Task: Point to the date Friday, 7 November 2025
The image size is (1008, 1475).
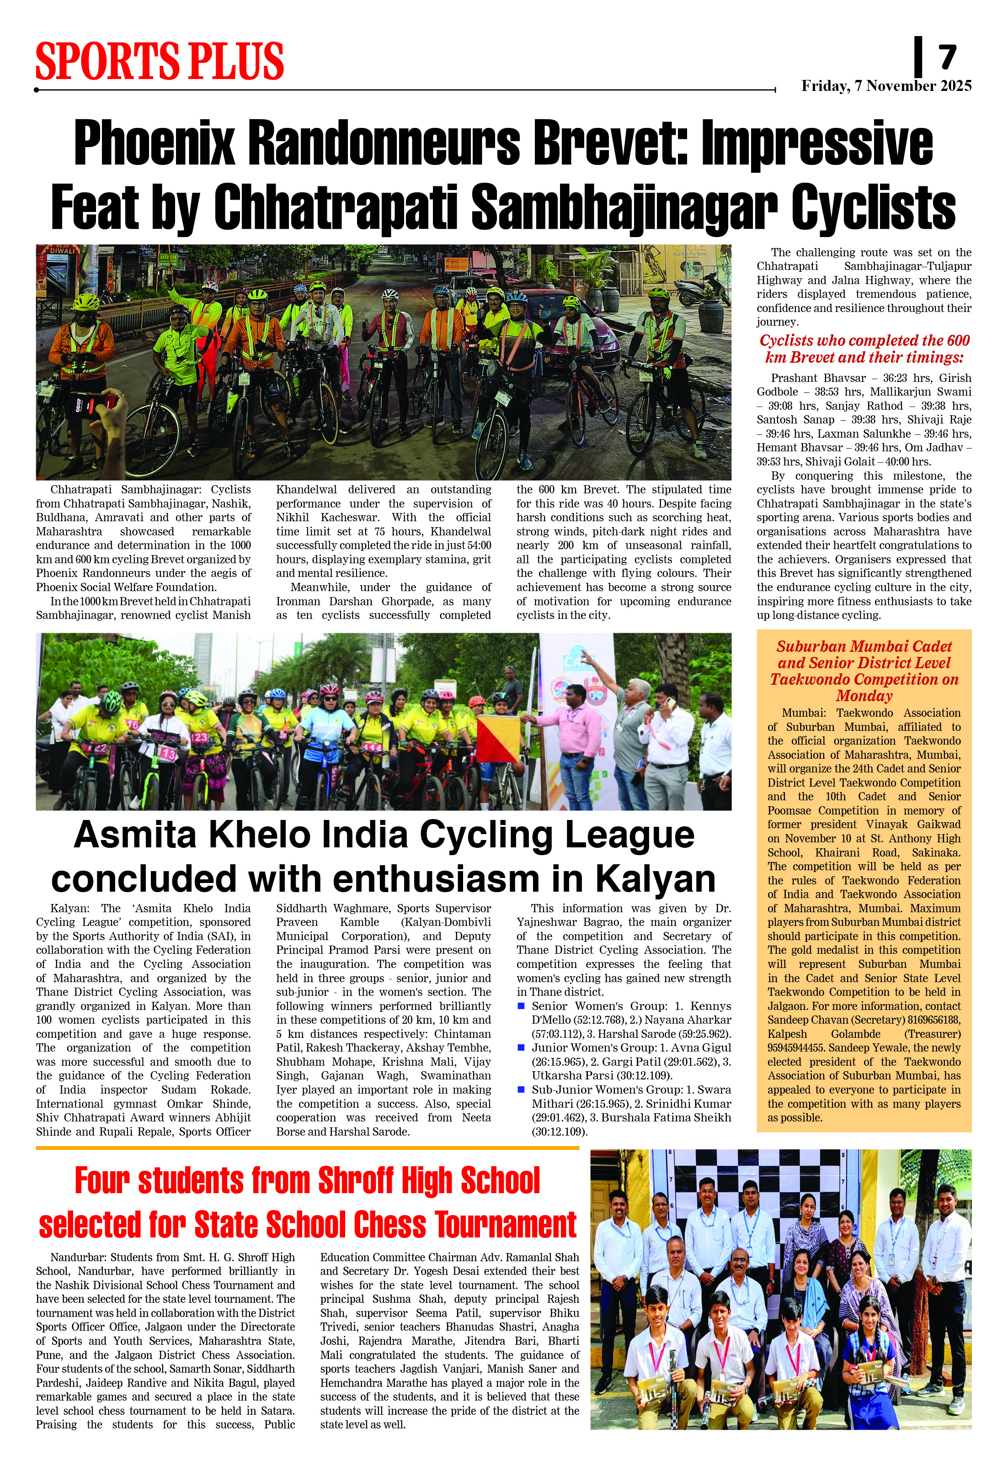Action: (x=886, y=86)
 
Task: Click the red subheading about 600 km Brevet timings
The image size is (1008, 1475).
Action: (x=864, y=349)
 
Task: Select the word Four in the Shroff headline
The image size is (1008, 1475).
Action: (x=101, y=1180)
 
